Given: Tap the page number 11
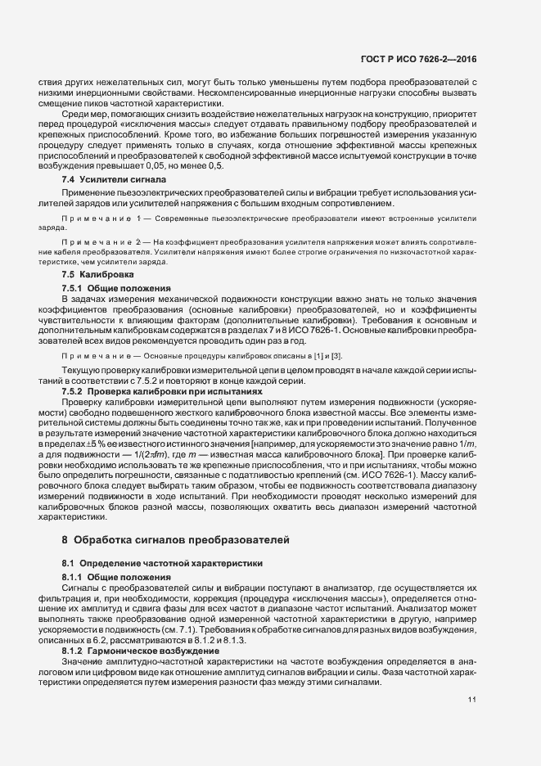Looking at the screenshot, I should [472, 699].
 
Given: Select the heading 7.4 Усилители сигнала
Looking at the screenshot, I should [114, 178].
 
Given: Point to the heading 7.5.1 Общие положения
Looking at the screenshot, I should [115, 288].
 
